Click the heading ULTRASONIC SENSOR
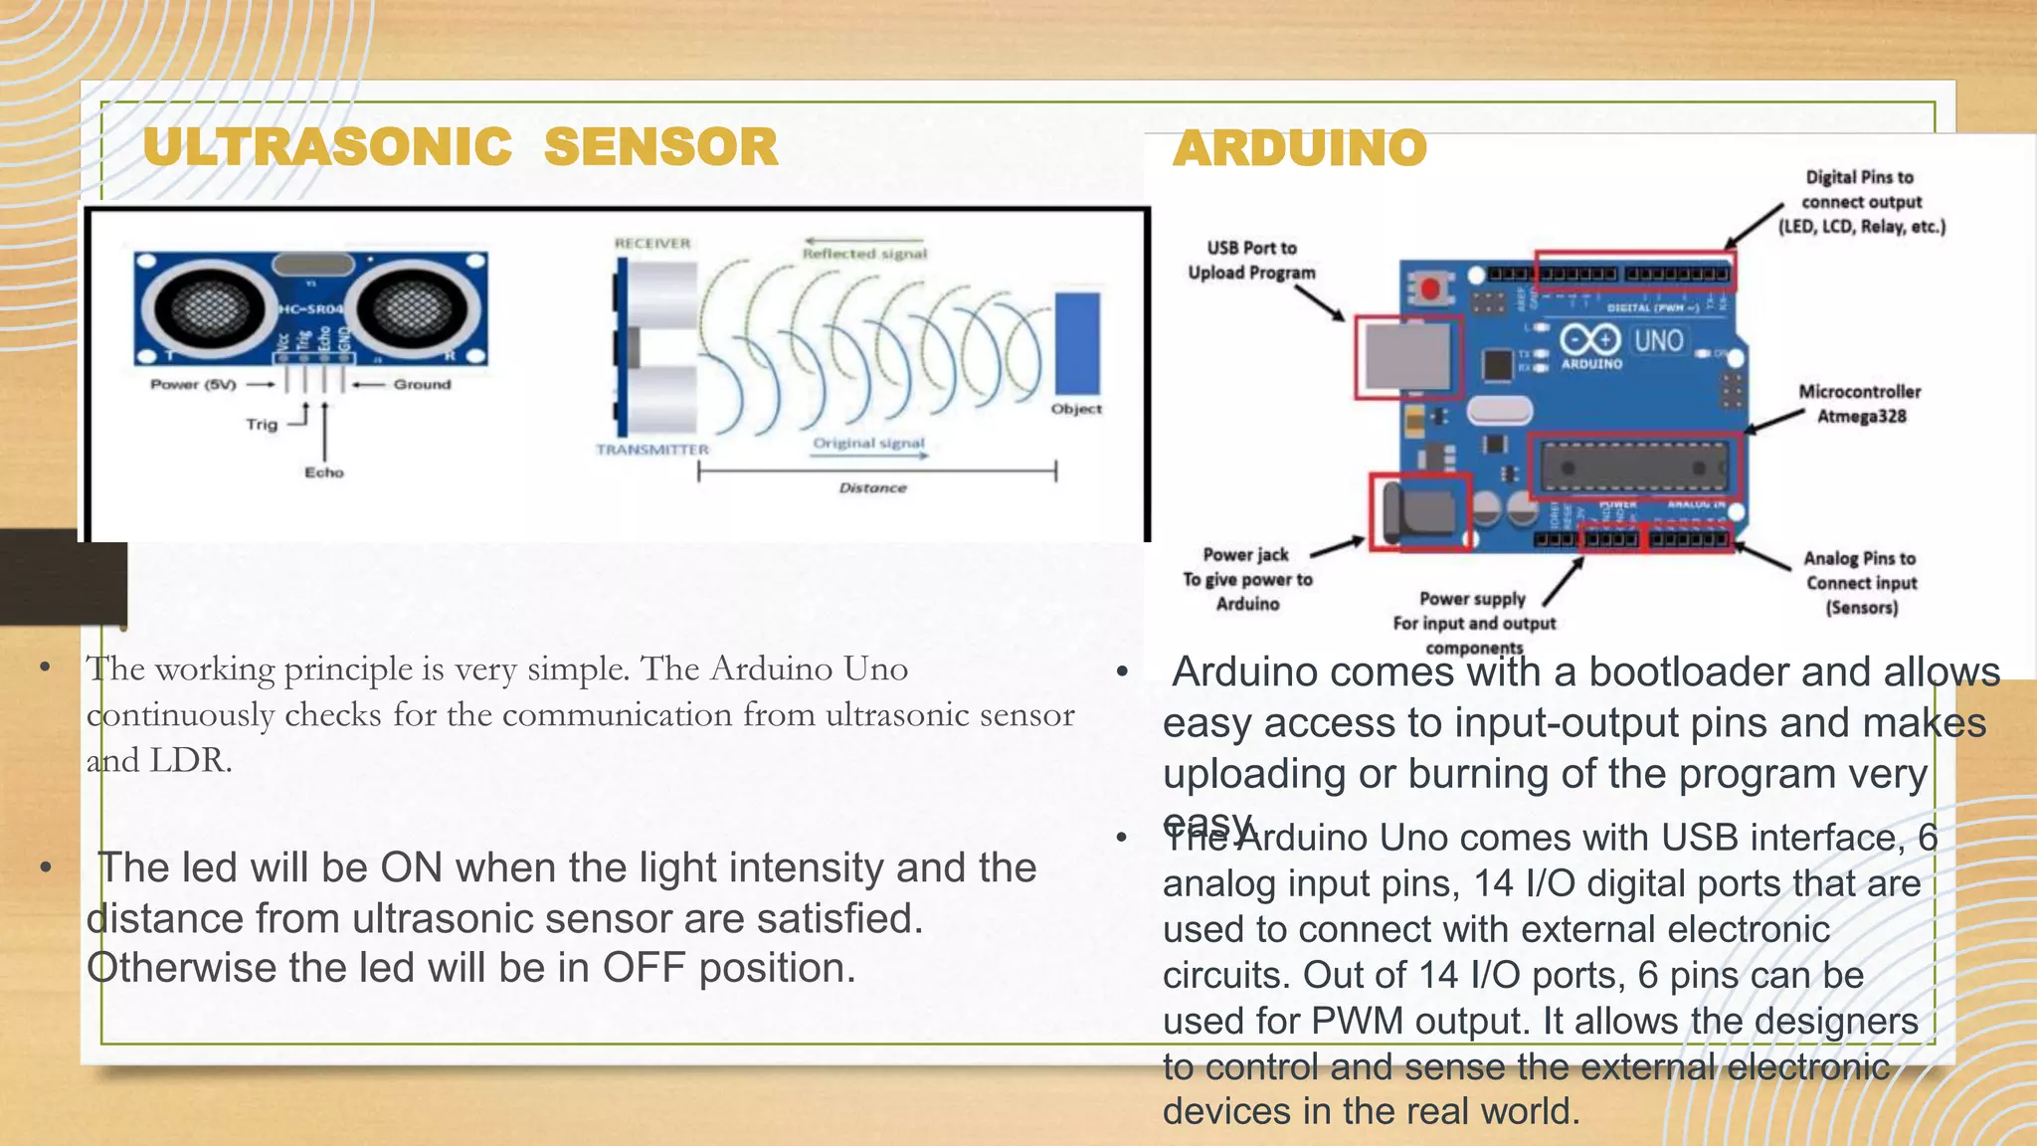(460, 147)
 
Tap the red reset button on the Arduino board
(1430, 288)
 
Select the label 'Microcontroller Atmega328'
(1859, 404)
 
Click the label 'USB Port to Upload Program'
(1251, 261)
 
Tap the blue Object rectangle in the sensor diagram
(1076, 343)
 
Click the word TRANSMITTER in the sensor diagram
(651, 450)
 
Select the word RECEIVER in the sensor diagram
(651, 244)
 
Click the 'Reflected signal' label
(864, 255)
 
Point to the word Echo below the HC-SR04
(324, 473)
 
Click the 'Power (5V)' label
(193, 385)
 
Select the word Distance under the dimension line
(872, 488)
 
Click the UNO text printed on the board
(1658, 341)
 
